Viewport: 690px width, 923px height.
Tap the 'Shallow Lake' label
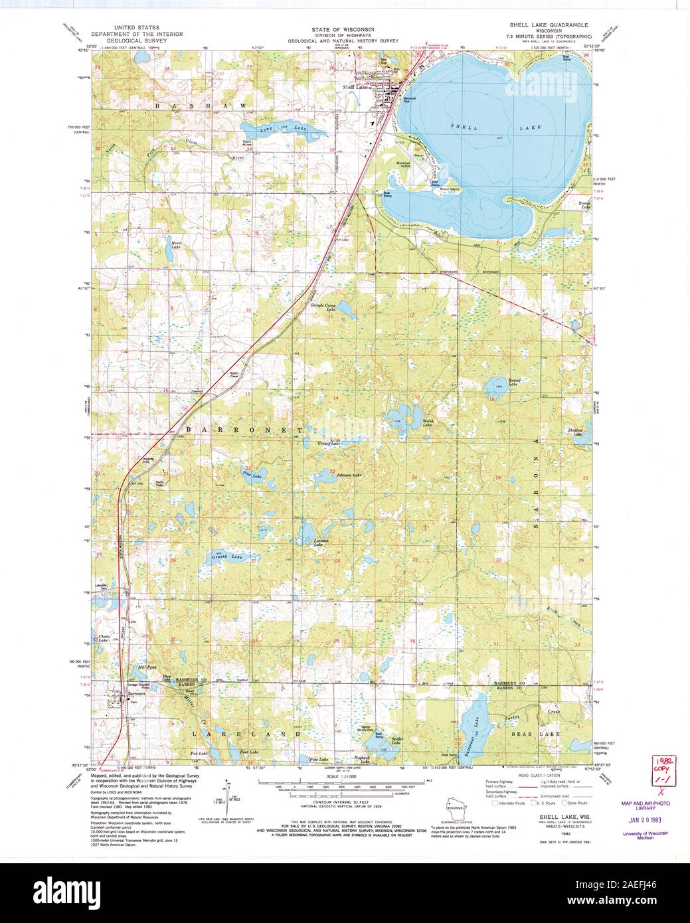(575, 432)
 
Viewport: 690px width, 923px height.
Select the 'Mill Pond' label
(146, 667)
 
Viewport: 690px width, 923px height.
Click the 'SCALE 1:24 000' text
(344, 776)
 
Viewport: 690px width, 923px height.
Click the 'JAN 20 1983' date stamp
(645, 818)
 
